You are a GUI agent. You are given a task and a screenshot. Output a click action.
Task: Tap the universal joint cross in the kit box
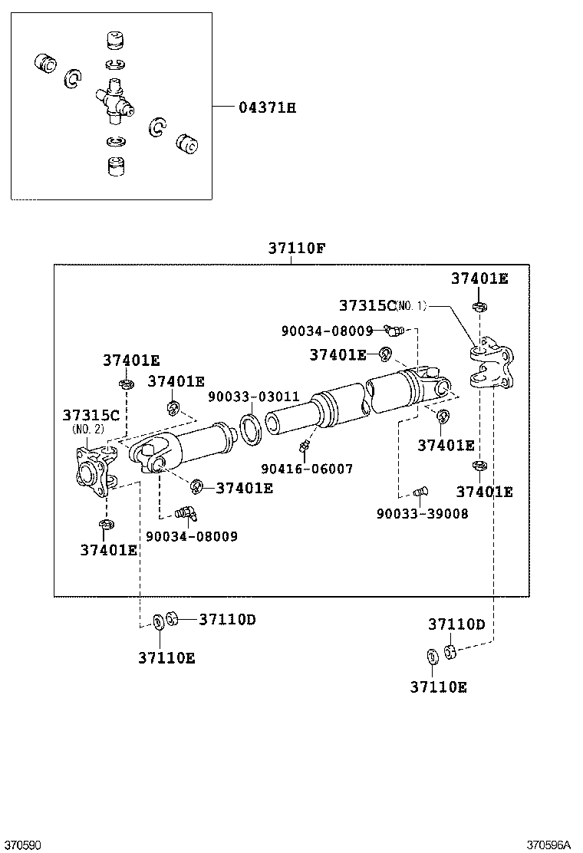point(114,104)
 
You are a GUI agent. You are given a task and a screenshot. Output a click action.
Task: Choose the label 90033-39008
point(422,513)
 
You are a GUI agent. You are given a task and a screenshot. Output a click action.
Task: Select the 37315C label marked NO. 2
point(91,416)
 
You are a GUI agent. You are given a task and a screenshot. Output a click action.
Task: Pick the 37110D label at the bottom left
point(227,619)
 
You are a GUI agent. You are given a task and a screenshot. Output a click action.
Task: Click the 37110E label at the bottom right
point(437,687)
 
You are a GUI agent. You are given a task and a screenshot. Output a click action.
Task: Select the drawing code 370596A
point(548,845)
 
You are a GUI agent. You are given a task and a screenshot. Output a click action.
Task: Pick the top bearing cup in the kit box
point(115,39)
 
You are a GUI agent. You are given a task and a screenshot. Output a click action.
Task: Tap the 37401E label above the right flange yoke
point(479,278)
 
